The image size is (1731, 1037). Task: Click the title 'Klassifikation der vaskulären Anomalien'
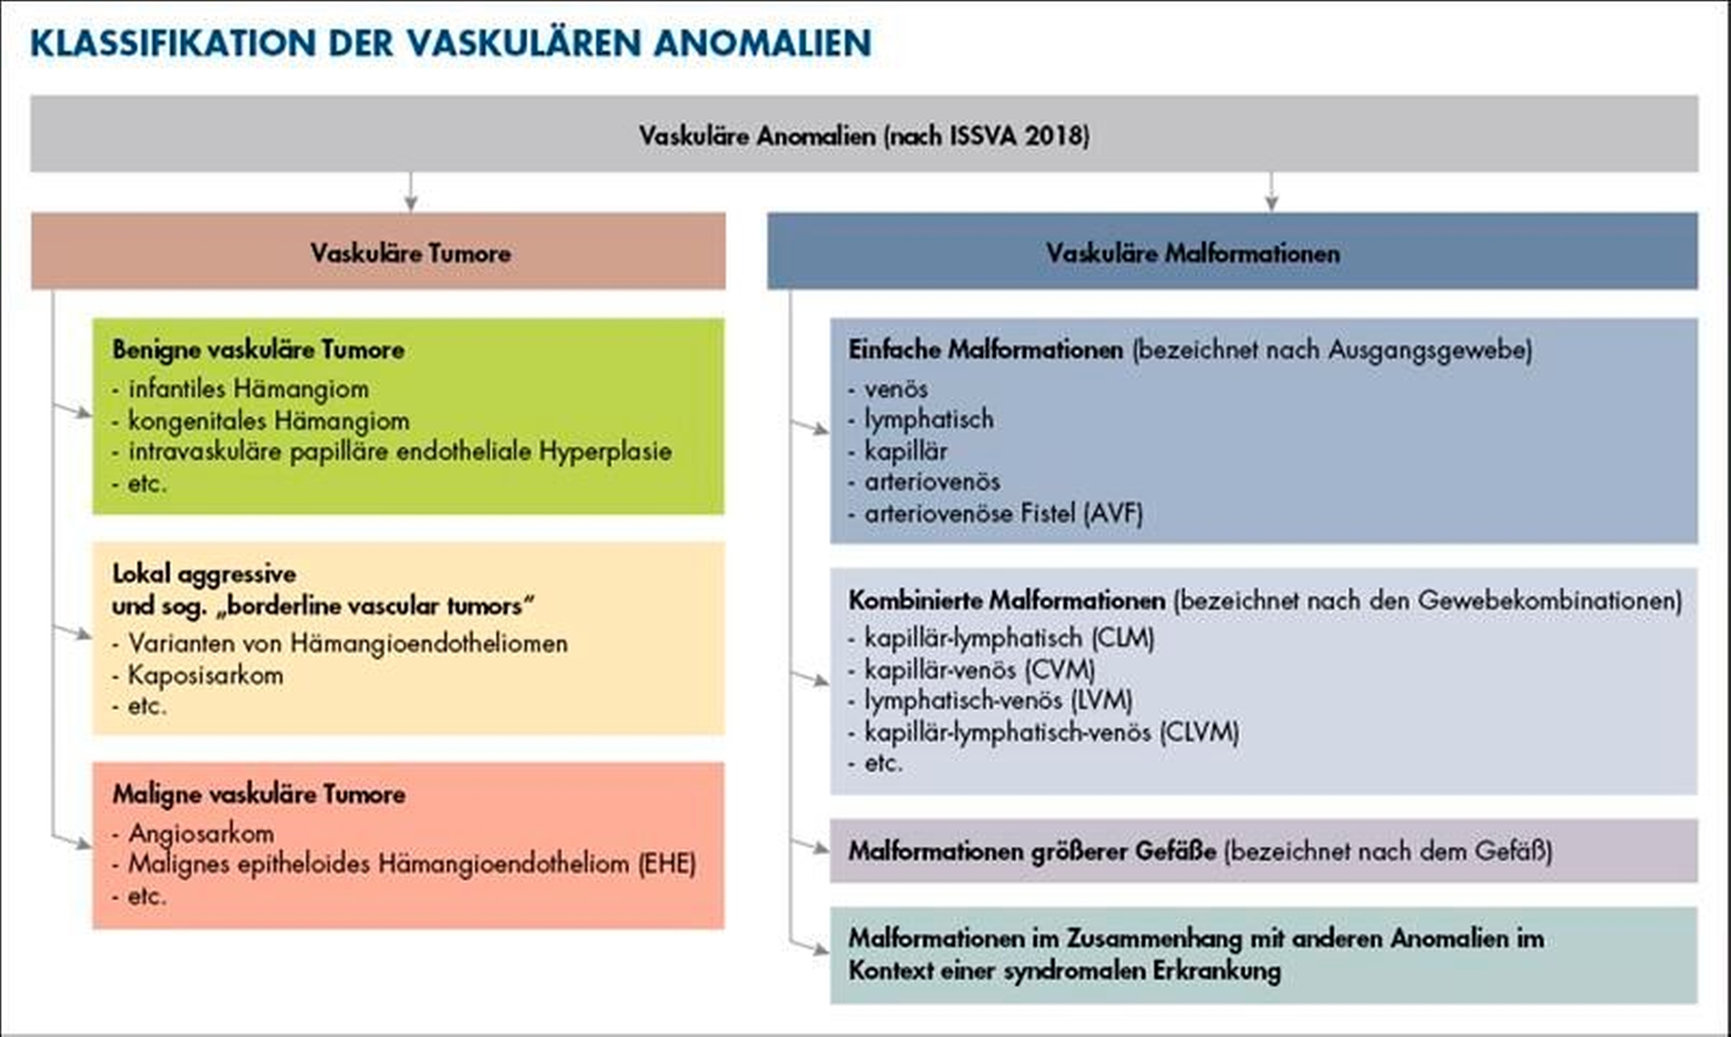451,43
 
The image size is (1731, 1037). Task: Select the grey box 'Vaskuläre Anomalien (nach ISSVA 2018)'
864,135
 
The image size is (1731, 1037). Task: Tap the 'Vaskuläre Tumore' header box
410,252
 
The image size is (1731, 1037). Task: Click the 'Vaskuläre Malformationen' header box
1193,252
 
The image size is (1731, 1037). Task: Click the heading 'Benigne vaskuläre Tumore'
259,350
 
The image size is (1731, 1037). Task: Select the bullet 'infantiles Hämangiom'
248,389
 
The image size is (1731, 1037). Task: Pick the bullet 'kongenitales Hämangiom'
268,421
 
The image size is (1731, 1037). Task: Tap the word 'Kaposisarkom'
205,675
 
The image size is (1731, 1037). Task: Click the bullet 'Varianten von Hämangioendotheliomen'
347,643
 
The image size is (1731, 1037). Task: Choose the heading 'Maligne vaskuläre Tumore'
259,794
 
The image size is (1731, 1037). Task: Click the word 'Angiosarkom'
200,833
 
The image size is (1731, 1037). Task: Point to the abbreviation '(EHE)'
666,864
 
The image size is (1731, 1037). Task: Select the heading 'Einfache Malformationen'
985,350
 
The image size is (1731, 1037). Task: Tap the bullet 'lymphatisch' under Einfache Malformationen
928,420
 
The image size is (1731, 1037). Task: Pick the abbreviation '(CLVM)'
1199,732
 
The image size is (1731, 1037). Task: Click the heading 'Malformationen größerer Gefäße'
1031,851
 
